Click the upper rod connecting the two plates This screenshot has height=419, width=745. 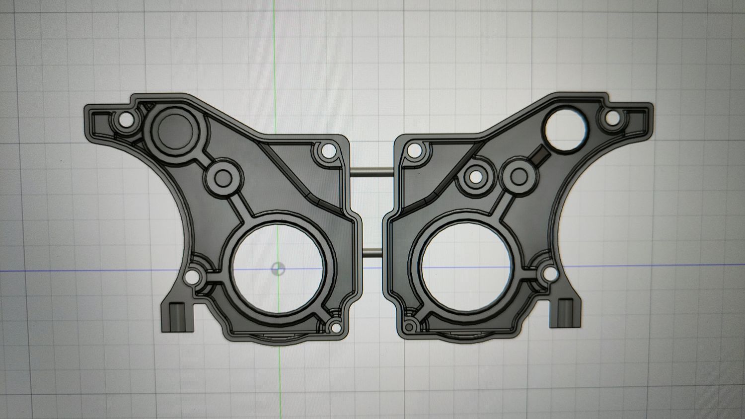[374, 172]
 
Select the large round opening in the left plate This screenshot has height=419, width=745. [279, 269]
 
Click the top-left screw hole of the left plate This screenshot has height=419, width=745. [126, 119]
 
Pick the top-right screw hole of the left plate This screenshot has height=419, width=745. [328, 150]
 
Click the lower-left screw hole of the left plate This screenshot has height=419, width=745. [193, 277]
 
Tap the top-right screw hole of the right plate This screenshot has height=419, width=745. [612, 118]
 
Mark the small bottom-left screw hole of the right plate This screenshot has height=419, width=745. [410, 326]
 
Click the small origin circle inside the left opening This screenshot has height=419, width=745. [278, 269]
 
